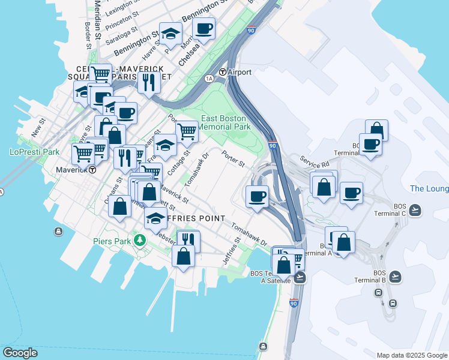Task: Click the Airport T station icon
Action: (223, 72)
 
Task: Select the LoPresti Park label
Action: (34, 152)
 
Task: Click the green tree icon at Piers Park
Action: (140, 241)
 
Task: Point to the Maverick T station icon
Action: (93, 170)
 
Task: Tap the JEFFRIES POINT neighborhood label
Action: (186, 218)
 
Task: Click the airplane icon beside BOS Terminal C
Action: (415, 210)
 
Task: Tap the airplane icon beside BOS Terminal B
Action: (394, 276)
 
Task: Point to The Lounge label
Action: (429, 189)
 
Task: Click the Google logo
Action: (20, 352)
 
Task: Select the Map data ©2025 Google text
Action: (411, 355)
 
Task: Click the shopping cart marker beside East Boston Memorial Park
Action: (187, 130)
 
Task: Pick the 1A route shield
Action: (209, 79)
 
